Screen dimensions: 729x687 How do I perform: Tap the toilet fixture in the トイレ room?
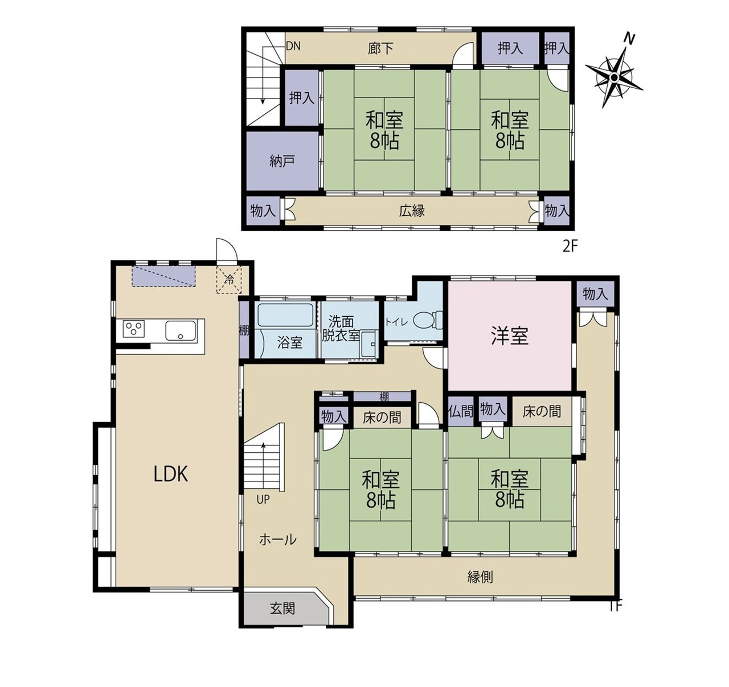coord(428,320)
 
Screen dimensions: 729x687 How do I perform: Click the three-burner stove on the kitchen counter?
coord(134,329)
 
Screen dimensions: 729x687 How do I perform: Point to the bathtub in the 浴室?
coord(285,315)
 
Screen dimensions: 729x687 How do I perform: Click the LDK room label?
coord(171,474)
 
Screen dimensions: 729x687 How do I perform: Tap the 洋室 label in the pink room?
coord(510,336)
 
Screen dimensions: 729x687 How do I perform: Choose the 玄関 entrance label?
coord(282,608)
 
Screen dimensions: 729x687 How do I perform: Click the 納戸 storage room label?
coord(282,161)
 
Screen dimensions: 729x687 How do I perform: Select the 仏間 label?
coord(461,411)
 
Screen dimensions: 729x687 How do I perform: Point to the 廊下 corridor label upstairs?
coord(380,48)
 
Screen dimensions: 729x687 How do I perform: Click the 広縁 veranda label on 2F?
coord(412,211)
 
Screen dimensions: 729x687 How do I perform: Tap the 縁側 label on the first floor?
coord(480,577)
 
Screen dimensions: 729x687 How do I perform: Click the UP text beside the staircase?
coord(263,500)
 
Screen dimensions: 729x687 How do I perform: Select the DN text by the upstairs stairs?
coord(293,46)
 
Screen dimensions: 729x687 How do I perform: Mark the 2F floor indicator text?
coord(570,247)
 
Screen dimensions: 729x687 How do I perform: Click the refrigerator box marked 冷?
coord(229,280)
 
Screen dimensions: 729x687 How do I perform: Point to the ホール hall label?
coord(277,539)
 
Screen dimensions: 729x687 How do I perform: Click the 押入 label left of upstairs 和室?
coord(302,98)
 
